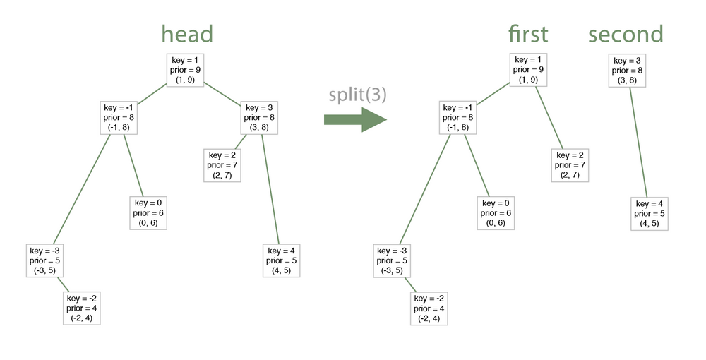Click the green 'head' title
[187, 34]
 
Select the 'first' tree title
[527, 34]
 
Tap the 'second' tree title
[626, 34]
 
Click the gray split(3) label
[357, 95]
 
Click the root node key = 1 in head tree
[186, 71]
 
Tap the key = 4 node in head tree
[282, 260]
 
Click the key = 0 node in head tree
[148, 212]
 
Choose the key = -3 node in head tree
[46, 260]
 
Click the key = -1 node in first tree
[460, 117]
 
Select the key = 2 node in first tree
[570, 165]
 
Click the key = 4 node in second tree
[649, 213]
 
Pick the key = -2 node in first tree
[429, 308]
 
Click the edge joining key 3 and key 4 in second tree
[638, 142]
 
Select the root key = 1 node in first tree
[528, 71]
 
